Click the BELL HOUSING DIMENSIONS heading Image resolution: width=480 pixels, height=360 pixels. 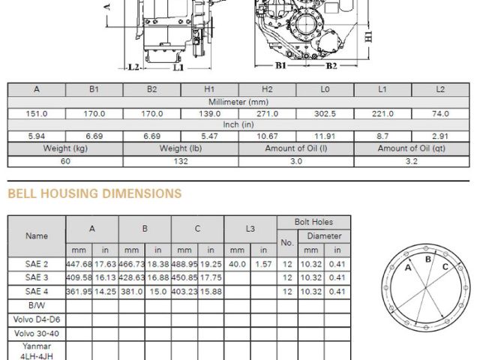click(94, 193)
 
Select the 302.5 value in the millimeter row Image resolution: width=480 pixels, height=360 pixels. click(325, 114)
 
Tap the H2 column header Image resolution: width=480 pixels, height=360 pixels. click(267, 89)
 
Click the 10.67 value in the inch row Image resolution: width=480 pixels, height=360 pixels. click(267, 136)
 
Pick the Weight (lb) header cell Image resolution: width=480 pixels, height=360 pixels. click(181, 148)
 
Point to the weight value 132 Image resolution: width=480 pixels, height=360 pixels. click(181, 161)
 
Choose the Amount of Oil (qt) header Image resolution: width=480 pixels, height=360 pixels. click(412, 148)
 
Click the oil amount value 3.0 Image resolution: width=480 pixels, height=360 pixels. click(296, 161)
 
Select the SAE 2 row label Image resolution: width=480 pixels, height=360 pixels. click(37, 264)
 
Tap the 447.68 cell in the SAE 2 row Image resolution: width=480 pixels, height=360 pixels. click(79, 264)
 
